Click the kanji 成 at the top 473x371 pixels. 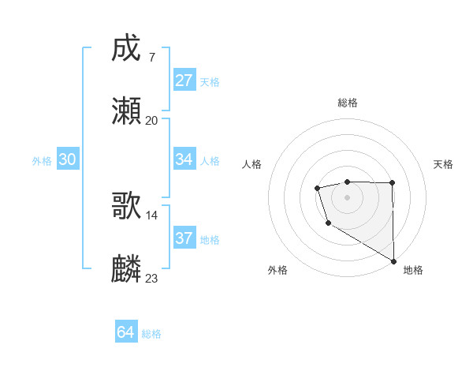pyautogui.click(x=126, y=50)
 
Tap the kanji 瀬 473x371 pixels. pyautogui.click(x=126, y=111)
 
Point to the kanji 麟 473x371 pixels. pyautogui.click(x=126, y=269)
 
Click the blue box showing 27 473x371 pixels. pyautogui.click(x=184, y=81)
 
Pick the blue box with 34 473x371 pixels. pyautogui.click(x=184, y=159)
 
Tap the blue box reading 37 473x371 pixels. pyautogui.click(x=184, y=238)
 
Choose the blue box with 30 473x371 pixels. pyautogui.click(x=68, y=159)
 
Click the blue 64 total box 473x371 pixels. pyautogui.click(x=126, y=332)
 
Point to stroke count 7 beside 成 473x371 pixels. pyautogui.click(x=151, y=58)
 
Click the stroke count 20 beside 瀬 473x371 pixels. pyautogui.click(x=151, y=120)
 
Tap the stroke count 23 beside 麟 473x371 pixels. pyautogui.click(x=152, y=278)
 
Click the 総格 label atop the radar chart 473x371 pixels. pyautogui.click(x=348, y=103)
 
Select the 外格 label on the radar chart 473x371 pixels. pyautogui.click(x=277, y=270)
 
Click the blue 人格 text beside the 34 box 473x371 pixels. pyautogui.click(x=210, y=160)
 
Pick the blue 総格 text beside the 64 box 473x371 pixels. pyautogui.click(x=151, y=333)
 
